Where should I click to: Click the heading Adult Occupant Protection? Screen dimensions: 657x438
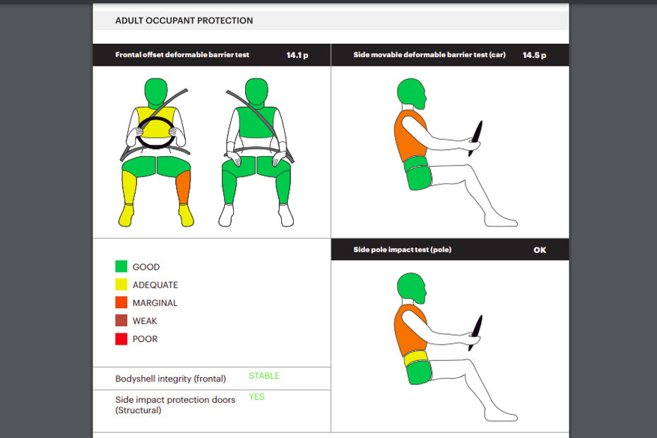pyautogui.click(x=184, y=20)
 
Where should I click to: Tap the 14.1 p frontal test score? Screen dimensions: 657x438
pyautogui.click(x=297, y=55)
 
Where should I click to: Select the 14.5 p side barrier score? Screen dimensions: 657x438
pyautogui.click(x=534, y=55)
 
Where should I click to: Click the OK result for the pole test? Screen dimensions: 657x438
pyautogui.click(x=540, y=250)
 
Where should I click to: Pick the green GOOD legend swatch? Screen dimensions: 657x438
pyautogui.click(x=121, y=266)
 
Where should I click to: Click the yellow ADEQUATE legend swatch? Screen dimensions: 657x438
pyautogui.click(x=121, y=285)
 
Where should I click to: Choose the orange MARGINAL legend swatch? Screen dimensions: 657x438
pyautogui.click(x=121, y=302)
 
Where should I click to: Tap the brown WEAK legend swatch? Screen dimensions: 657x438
pyautogui.click(x=121, y=321)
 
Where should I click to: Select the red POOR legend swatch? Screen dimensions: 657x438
pyautogui.click(x=121, y=338)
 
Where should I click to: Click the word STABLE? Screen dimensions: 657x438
pyautogui.click(x=264, y=376)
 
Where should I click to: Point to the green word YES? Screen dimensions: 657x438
pyautogui.click(x=256, y=396)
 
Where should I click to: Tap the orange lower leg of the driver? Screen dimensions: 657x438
pyautogui.click(x=183, y=187)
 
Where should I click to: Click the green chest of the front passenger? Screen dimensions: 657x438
pyautogui.click(x=256, y=122)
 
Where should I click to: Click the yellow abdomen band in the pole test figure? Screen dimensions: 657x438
pyautogui.click(x=416, y=358)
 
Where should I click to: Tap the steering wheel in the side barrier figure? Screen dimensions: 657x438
pyautogui.click(x=475, y=138)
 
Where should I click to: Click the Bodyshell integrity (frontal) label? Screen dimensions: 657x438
pyautogui.click(x=170, y=379)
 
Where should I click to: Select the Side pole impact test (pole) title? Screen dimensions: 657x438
pyautogui.click(x=402, y=250)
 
